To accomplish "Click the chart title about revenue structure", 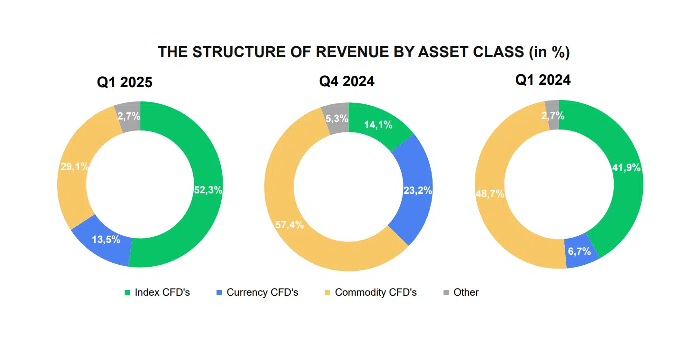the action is click(x=364, y=52).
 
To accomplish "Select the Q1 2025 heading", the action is click(x=125, y=82).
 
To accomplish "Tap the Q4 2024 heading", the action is click(x=346, y=81).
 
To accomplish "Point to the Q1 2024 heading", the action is click(x=543, y=80).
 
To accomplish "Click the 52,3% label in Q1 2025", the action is click(x=208, y=190).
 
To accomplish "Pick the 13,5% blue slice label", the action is click(x=106, y=240).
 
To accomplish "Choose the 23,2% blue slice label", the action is click(x=418, y=190).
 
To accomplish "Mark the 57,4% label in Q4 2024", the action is click(x=289, y=225).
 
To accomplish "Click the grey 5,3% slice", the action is click(x=336, y=119).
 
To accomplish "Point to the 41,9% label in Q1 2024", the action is click(x=626, y=167).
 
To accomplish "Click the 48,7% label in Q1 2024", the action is click(x=490, y=194).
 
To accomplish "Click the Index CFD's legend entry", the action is click(x=157, y=292).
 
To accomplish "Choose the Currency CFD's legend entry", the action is click(x=257, y=292).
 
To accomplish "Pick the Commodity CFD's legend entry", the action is click(x=371, y=292).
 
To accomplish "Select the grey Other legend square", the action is click(x=446, y=292).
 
